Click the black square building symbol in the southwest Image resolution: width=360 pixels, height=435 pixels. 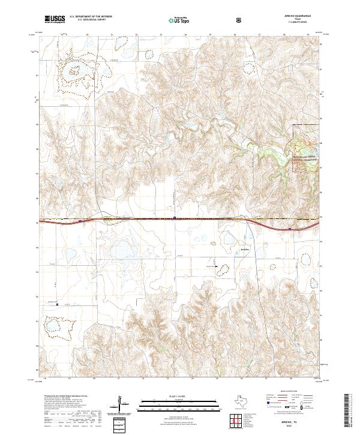point(58,305)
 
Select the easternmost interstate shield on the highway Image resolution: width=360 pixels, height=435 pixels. point(290,228)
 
